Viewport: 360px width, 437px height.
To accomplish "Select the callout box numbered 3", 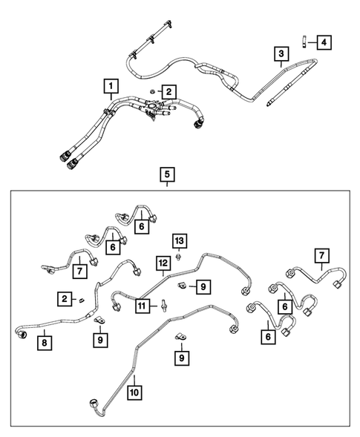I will click(x=281, y=53).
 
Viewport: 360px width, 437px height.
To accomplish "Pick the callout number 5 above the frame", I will click(x=167, y=175).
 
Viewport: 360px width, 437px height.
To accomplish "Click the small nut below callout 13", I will click(x=179, y=256).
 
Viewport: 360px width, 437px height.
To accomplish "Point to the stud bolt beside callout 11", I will click(x=160, y=304).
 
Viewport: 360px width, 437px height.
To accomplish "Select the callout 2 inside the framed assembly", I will click(x=65, y=298).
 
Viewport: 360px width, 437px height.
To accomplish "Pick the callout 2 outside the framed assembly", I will click(x=169, y=92).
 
